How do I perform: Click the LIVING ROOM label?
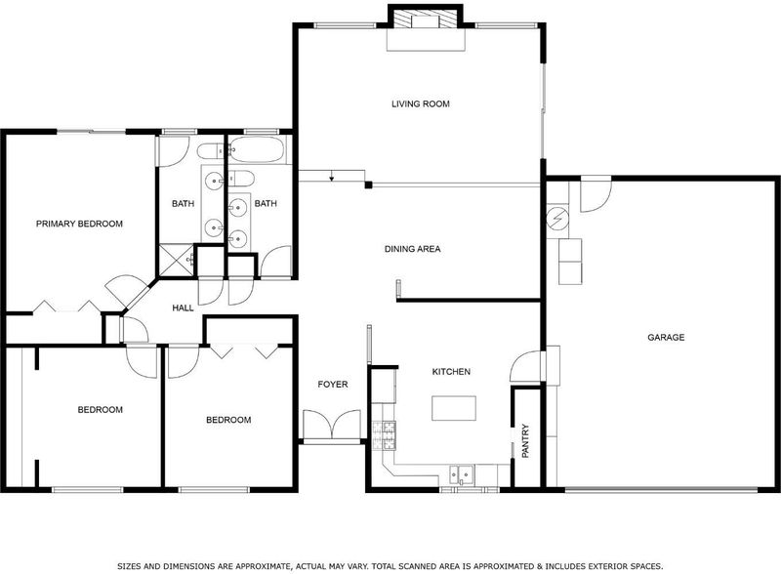tap(421, 103)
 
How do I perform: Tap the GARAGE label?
tap(666, 338)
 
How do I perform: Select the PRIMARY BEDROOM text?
tap(79, 224)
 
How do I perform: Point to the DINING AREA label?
tap(412, 249)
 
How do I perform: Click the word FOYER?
tap(333, 385)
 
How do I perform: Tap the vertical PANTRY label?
tap(525, 441)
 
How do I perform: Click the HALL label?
tap(183, 307)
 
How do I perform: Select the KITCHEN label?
tap(451, 372)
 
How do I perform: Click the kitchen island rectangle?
tap(454, 408)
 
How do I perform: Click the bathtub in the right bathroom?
tap(258, 150)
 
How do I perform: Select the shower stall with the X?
tap(176, 259)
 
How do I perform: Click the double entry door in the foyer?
tap(332, 425)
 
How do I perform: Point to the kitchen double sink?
tap(462, 473)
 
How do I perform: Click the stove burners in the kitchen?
tap(384, 435)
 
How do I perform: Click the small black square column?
tap(369, 185)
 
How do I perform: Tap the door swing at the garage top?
tap(596, 194)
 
